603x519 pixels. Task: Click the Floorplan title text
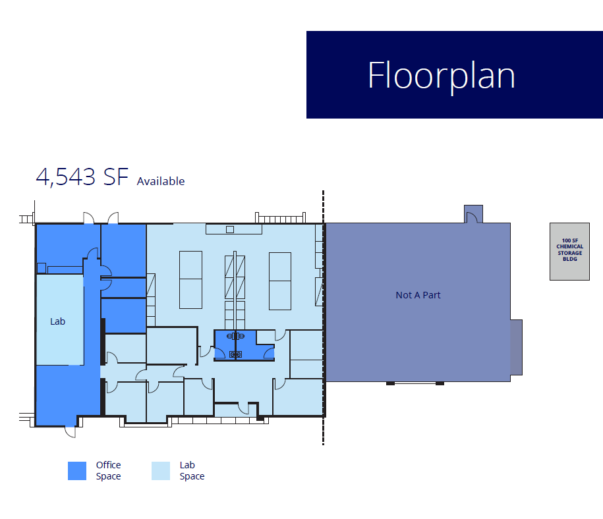[441, 75]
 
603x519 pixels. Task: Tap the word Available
[161, 181]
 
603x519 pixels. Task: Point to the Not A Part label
[418, 295]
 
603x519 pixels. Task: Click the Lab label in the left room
[58, 321]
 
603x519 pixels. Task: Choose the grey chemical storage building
[569, 252]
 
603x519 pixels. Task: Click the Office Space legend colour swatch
[77, 470]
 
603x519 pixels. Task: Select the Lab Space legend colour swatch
[160, 470]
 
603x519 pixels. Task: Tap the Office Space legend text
[108, 470]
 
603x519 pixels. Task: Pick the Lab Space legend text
[192, 470]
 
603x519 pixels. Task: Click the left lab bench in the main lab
[191, 280]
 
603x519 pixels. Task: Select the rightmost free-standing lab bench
[279, 280]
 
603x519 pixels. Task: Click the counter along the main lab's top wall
[233, 229]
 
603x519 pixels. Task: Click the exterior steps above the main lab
[280, 217]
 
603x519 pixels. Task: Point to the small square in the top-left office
[41, 267]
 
